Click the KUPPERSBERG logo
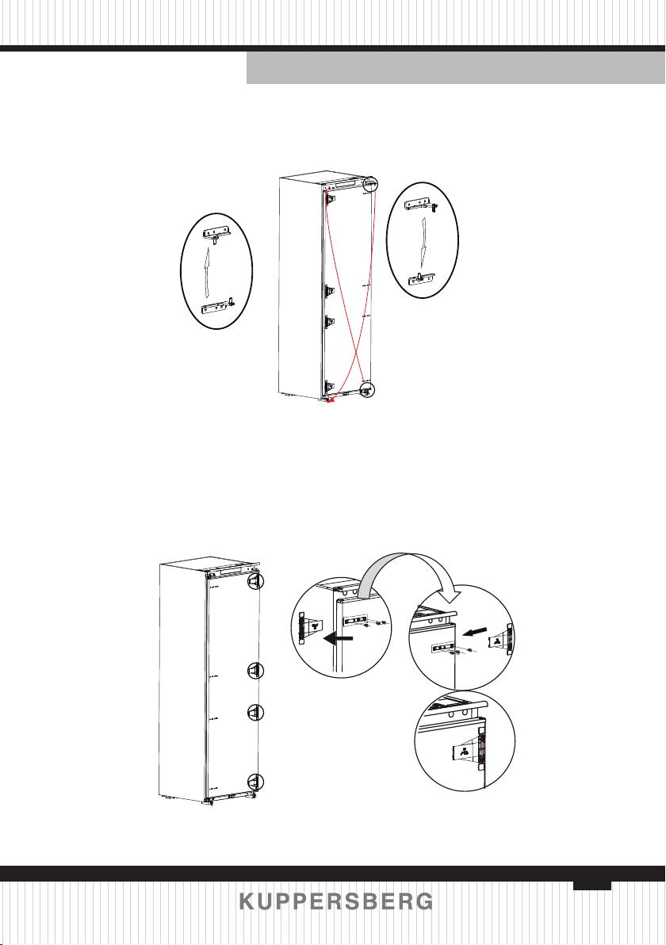pyautogui.click(x=335, y=901)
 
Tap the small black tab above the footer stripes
pyautogui.click(x=591, y=886)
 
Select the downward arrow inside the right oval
pyautogui.click(x=423, y=241)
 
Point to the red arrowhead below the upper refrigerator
pyautogui.click(x=328, y=401)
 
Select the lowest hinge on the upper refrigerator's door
pyautogui.click(x=329, y=387)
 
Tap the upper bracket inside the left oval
pyautogui.click(x=216, y=233)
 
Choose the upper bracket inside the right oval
pyautogui.click(x=421, y=205)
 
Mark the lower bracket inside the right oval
pyautogui.click(x=423, y=277)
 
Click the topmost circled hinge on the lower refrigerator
pyautogui.click(x=255, y=580)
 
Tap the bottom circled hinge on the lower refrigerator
pyautogui.click(x=255, y=782)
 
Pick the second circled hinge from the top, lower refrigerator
pyautogui.click(x=255, y=670)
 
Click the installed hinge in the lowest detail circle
pyautogui.click(x=469, y=750)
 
